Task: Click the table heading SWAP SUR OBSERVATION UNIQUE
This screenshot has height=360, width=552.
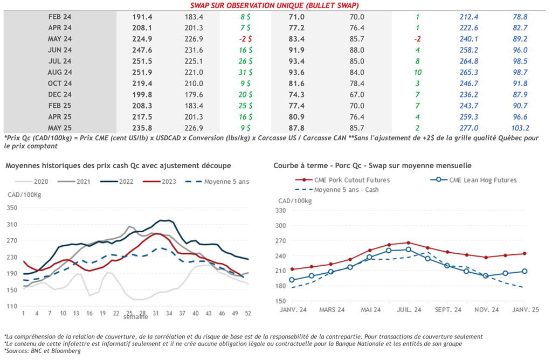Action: (x=275, y=6)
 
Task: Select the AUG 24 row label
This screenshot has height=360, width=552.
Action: (x=60, y=72)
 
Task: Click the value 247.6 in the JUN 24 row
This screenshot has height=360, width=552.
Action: (x=143, y=50)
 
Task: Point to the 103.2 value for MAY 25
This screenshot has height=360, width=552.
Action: (x=520, y=128)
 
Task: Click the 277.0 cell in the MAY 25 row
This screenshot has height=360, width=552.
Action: (x=469, y=128)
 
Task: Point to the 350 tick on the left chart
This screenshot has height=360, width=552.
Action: (x=12, y=207)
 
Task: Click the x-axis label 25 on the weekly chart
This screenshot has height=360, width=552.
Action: (x=129, y=313)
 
